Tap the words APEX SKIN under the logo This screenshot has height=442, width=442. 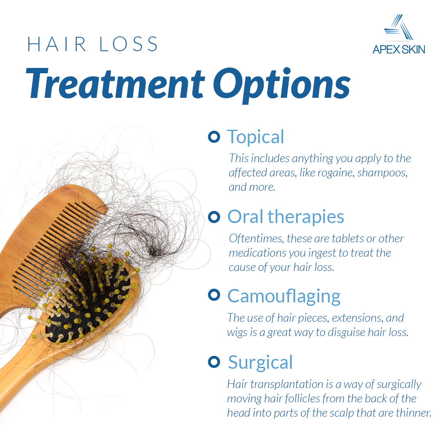point(399,50)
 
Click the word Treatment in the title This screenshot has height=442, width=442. point(115,83)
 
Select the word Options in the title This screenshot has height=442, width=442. point(282,84)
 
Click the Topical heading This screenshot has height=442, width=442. point(255,137)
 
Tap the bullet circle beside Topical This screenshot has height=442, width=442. point(214,137)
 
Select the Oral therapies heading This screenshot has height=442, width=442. point(286,216)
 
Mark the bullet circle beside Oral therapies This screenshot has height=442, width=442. point(214,216)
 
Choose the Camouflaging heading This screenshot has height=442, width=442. point(284,295)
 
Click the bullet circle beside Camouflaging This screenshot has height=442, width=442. point(214,294)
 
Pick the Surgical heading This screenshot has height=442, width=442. point(260,362)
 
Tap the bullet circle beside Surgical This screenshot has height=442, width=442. point(214,361)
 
